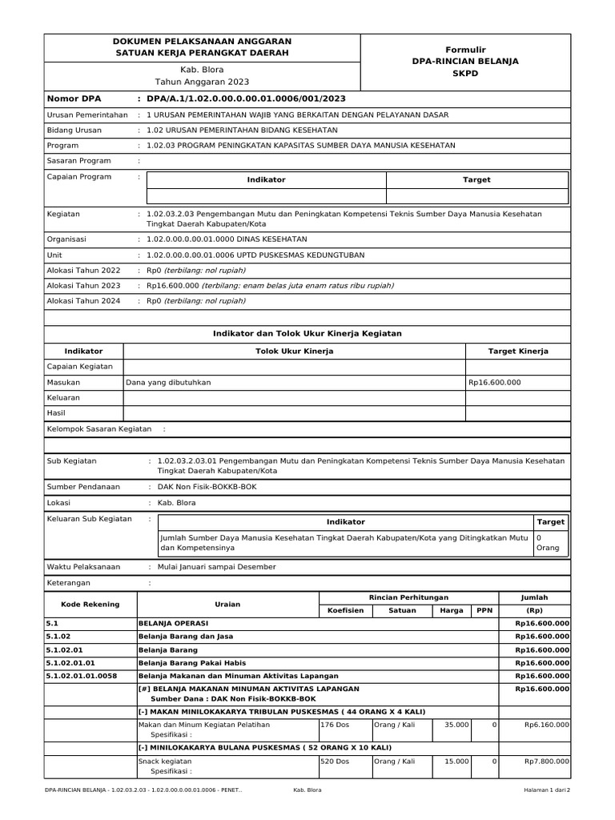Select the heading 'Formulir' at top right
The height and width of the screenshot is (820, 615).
coord(465,50)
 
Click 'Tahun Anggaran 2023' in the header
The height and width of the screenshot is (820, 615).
coord(202,82)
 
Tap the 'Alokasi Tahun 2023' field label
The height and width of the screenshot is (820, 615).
coord(84,286)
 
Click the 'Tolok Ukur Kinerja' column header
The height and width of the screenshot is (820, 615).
coord(294,352)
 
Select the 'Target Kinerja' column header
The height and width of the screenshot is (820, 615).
coord(518,352)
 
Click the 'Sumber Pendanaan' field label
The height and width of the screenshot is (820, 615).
coord(84,487)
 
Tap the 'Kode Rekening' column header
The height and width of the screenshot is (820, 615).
coord(90,605)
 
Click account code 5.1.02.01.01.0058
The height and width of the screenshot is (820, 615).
coord(82,676)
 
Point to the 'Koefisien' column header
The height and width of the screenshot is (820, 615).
coord(346,610)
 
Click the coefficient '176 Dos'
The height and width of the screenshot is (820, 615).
coord(335,725)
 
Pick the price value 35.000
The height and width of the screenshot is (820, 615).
coord(456,725)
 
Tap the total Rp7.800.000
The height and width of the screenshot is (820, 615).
coord(547,762)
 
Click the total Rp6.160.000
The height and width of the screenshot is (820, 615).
coord(547,725)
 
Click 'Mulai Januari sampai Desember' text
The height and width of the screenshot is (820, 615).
coord(217,567)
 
